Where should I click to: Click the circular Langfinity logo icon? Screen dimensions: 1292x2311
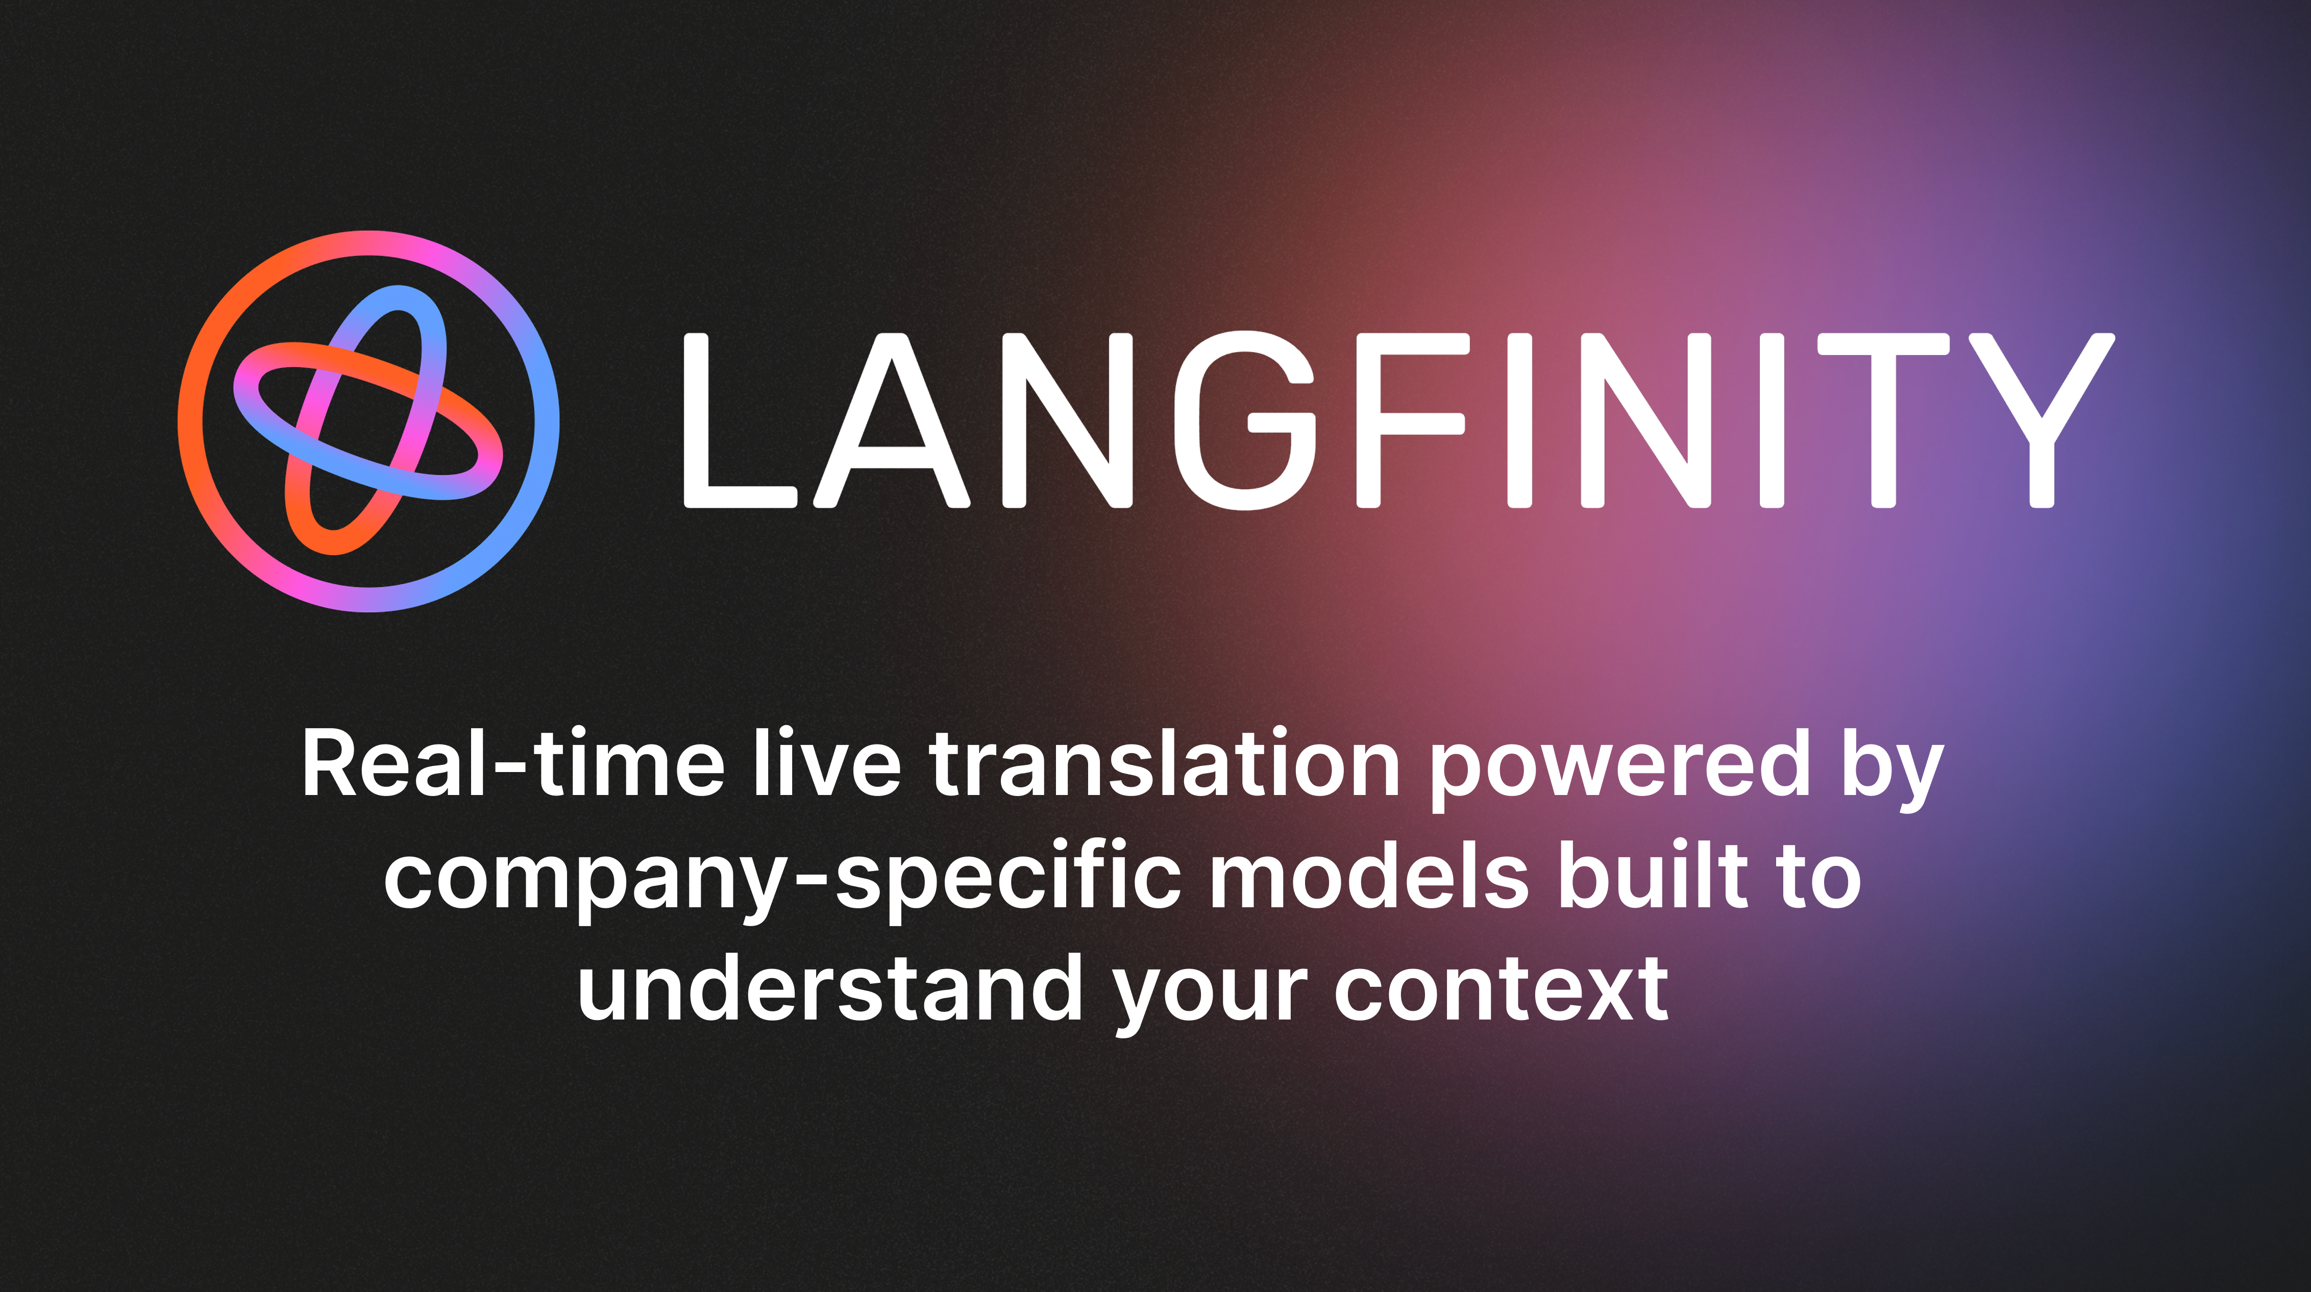[368, 421]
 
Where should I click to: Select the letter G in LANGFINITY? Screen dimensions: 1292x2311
[1245, 421]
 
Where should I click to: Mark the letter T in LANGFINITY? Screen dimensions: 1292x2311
[1884, 421]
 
